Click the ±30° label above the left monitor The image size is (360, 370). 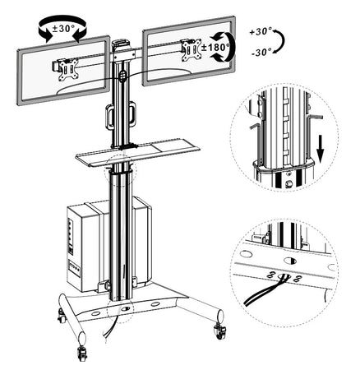tap(63, 28)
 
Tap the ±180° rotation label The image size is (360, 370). tap(215, 47)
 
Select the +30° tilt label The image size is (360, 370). tap(261, 31)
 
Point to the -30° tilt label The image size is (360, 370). tap(261, 52)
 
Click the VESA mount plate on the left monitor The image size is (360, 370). tap(68, 70)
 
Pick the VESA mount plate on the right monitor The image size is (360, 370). tap(192, 51)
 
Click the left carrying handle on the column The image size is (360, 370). tap(109, 117)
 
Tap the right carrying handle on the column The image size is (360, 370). tap(132, 113)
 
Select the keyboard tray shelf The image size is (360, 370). tap(138, 152)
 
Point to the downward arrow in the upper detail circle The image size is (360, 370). tap(321, 152)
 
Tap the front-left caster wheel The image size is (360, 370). tap(82, 353)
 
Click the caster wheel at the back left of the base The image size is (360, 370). tap(61, 317)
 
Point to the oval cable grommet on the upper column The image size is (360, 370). tap(122, 76)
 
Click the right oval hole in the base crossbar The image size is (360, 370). tap(156, 304)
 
